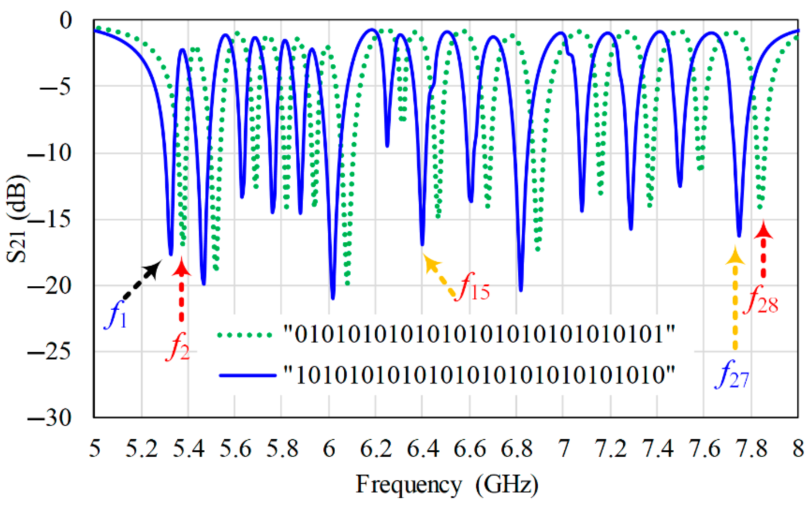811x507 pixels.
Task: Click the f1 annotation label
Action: (x=116, y=315)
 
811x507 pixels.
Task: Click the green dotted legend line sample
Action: (x=245, y=335)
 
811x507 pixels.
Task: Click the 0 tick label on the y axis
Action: (x=65, y=21)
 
